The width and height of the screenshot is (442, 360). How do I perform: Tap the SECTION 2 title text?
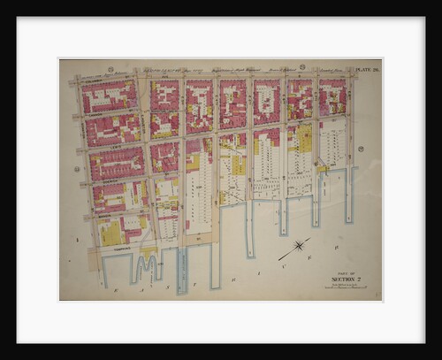(342, 280)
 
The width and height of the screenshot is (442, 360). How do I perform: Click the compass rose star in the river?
(300, 245)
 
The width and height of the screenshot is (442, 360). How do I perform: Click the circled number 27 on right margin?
(360, 149)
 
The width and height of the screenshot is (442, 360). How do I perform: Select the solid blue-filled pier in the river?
(182, 270)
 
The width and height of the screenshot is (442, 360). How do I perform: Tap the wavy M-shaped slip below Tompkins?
(146, 264)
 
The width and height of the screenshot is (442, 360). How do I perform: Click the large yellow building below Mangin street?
(111, 233)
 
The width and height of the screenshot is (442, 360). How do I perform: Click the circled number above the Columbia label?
(110, 68)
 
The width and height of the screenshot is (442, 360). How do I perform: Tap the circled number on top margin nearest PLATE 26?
(301, 67)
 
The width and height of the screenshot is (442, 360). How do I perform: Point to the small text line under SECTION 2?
(343, 287)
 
